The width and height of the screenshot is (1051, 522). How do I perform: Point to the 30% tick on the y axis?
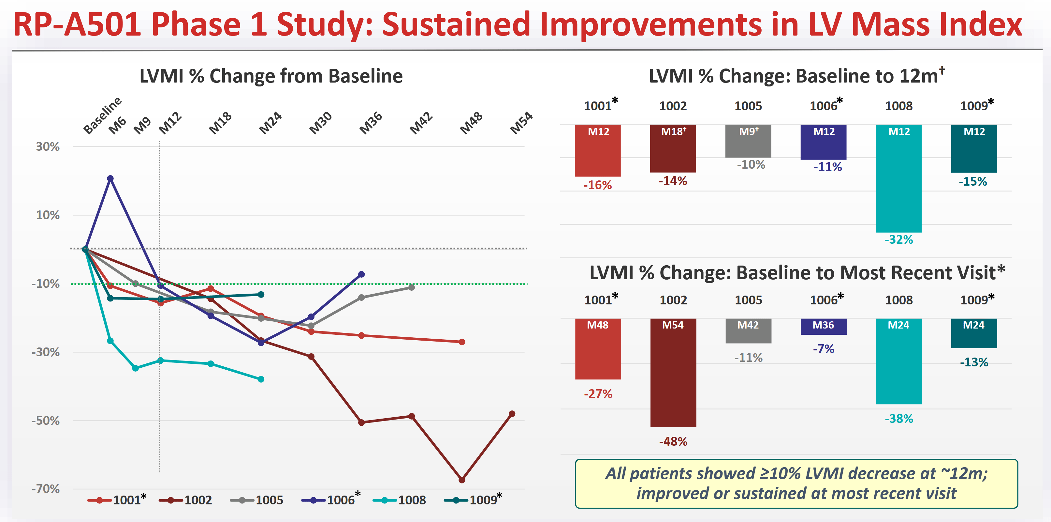(48, 146)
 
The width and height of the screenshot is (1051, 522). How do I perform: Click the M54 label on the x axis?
(521, 123)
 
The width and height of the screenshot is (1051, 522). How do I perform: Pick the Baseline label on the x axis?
(102, 115)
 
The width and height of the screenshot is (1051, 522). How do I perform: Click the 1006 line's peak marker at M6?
(110, 178)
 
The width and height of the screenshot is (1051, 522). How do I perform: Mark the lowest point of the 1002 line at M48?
(462, 480)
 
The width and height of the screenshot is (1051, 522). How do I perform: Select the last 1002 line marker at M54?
(512, 414)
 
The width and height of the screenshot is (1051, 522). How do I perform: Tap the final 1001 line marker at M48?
(462, 342)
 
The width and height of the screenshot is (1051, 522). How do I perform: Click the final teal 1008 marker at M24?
(261, 379)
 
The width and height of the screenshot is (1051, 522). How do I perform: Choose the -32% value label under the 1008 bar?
(898, 239)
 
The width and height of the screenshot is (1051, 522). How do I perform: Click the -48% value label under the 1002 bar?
(673, 441)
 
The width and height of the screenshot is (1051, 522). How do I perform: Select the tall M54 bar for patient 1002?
(673, 373)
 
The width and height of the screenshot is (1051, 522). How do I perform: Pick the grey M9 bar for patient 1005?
(748, 141)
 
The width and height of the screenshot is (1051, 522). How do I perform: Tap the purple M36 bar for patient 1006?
(823, 326)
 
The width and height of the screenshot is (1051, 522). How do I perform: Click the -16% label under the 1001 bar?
(598, 185)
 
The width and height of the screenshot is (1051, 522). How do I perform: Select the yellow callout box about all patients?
(796, 484)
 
